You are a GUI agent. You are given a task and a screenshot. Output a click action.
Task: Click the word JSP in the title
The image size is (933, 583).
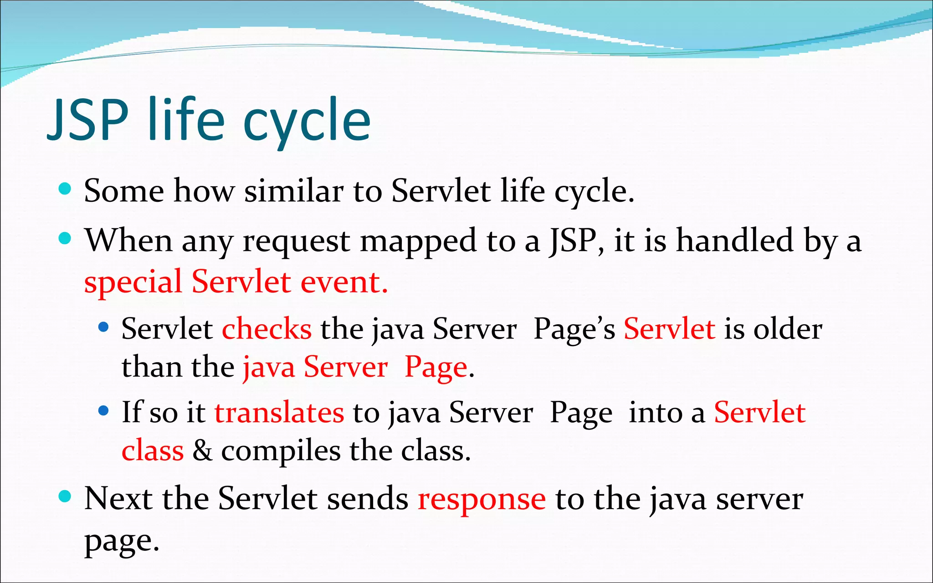(88, 119)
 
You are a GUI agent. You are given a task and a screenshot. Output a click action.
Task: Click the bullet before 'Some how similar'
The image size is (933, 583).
(65, 189)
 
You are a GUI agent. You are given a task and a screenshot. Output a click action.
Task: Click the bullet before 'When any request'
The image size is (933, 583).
(65, 238)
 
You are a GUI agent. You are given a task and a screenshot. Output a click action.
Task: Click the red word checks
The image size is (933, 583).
(267, 329)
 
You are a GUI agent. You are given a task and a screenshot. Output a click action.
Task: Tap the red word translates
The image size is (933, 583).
(279, 413)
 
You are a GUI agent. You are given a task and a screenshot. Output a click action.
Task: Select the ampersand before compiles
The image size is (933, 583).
(202, 451)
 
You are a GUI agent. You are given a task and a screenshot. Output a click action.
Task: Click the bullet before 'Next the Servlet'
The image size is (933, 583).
(65, 496)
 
